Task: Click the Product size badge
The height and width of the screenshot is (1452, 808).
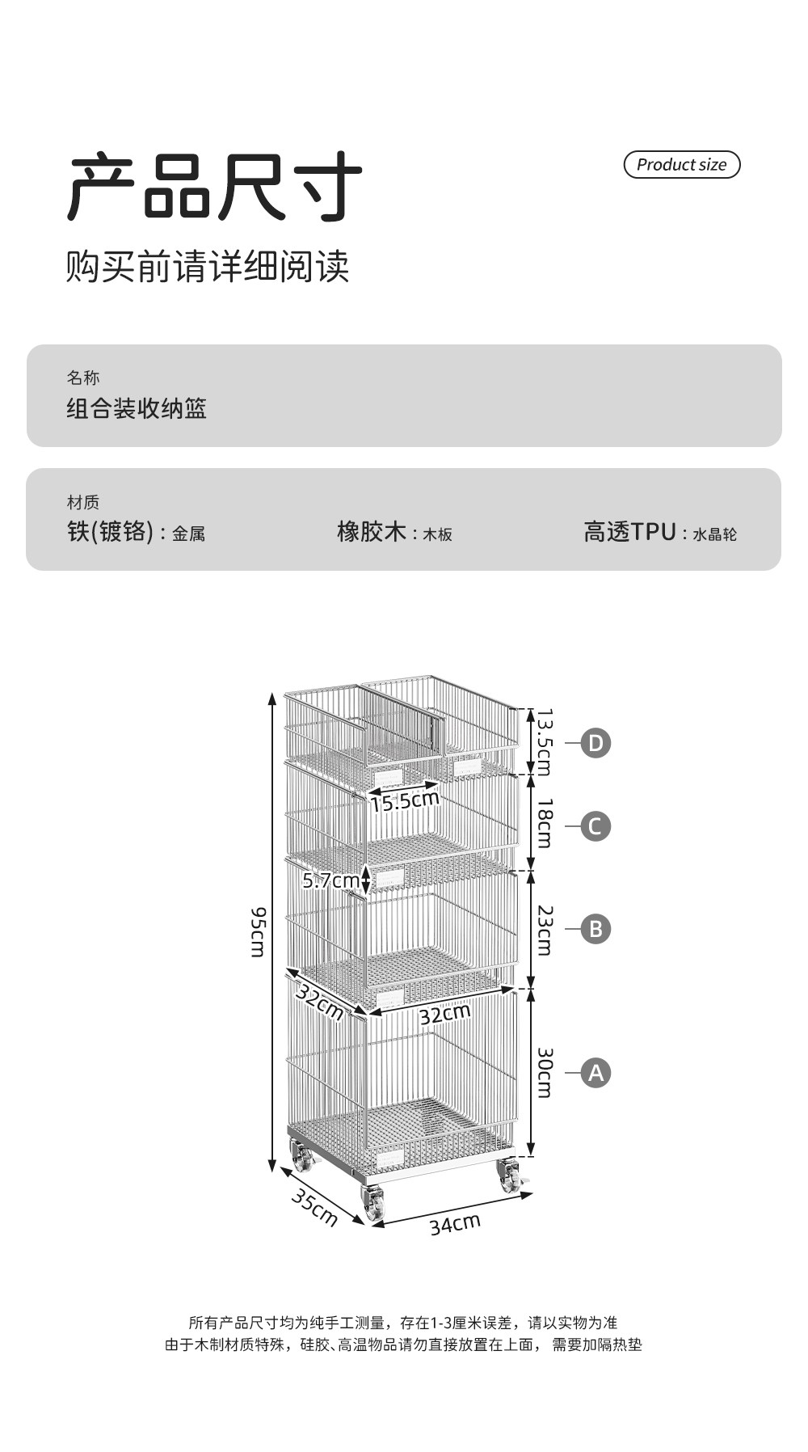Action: [x=682, y=164]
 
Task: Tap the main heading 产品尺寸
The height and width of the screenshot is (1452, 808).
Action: [x=214, y=188]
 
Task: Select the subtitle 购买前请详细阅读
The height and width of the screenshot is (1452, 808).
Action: [x=208, y=266]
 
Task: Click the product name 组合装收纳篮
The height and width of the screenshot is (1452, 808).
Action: [x=137, y=408]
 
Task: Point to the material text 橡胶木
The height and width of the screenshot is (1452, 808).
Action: [x=372, y=532]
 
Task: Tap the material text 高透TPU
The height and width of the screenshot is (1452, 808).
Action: [x=630, y=532]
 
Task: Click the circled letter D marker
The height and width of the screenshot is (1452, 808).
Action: [x=595, y=743]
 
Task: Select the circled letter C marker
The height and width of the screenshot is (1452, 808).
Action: [x=595, y=826]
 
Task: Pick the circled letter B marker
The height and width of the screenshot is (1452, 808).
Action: [x=595, y=928]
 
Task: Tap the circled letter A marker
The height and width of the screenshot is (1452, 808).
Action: [x=595, y=1073]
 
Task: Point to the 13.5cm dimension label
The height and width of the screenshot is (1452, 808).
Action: [x=545, y=742]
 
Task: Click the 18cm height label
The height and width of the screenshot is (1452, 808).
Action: [x=545, y=823]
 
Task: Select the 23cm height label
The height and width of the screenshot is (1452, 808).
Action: [x=545, y=930]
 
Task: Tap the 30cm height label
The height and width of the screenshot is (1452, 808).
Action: [x=545, y=1073]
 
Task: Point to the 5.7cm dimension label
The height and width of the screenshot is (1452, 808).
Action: [x=330, y=880]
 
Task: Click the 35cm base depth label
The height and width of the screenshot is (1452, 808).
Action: [x=314, y=1208]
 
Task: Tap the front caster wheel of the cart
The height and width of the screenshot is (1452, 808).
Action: [x=374, y=1205]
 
